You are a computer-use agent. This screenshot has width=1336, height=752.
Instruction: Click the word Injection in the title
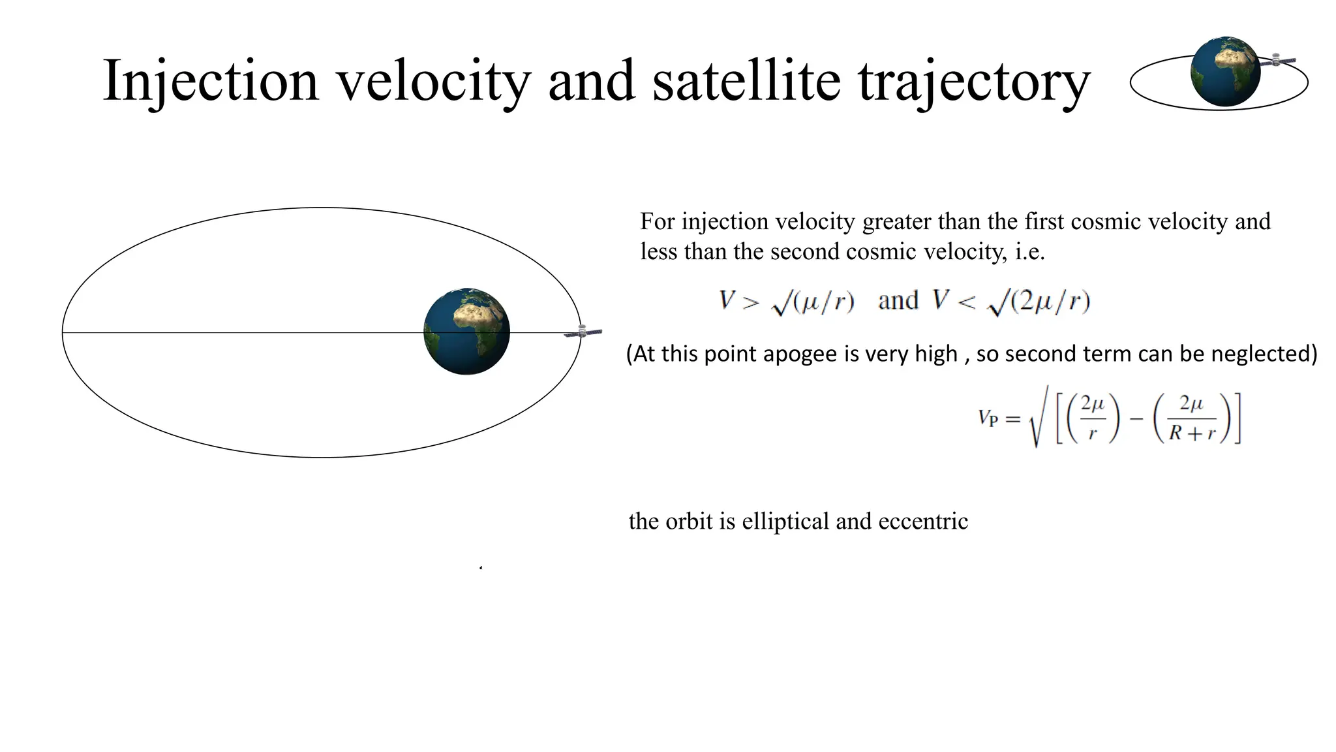click(x=211, y=81)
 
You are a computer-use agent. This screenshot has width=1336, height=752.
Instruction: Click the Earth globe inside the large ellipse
click(x=466, y=331)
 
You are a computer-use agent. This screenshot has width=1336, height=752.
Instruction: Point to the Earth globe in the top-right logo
click(x=1225, y=71)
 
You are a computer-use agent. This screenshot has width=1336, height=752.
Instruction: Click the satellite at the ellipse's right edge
click(x=583, y=332)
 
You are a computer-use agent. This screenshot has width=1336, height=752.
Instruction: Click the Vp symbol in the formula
click(x=988, y=418)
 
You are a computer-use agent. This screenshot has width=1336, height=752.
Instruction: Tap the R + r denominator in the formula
click(x=1192, y=433)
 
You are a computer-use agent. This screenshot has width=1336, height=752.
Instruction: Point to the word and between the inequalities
click(x=898, y=301)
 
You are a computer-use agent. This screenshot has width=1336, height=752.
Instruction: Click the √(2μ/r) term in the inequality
click(x=1039, y=301)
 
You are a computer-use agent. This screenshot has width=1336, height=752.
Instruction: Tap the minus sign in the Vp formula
click(x=1136, y=418)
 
